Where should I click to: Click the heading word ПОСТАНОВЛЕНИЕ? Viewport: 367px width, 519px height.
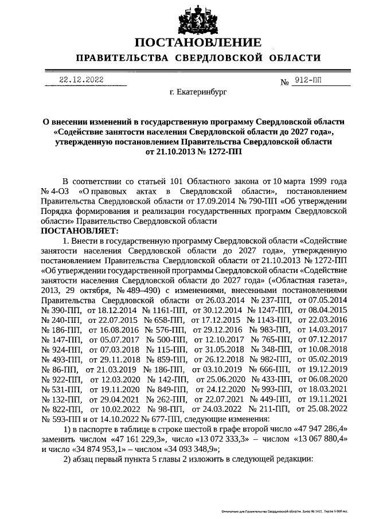[x=198, y=42]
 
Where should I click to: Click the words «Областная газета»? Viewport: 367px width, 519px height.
[x=309, y=280]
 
